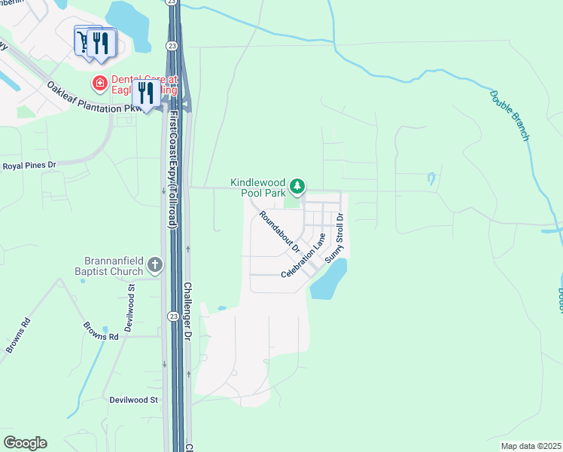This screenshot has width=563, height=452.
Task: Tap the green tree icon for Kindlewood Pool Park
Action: coord(298,185)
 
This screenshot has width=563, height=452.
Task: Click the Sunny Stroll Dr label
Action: coord(334,238)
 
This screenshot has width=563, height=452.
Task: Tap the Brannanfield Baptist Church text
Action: coord(108,267)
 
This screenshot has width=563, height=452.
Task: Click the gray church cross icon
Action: coord(155,264)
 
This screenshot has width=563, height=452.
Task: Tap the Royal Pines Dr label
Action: coord(30,165)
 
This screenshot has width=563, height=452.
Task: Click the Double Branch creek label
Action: coord(510,115)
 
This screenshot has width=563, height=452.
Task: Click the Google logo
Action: coord(25,443)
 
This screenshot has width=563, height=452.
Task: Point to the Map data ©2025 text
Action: coord(530,446)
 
